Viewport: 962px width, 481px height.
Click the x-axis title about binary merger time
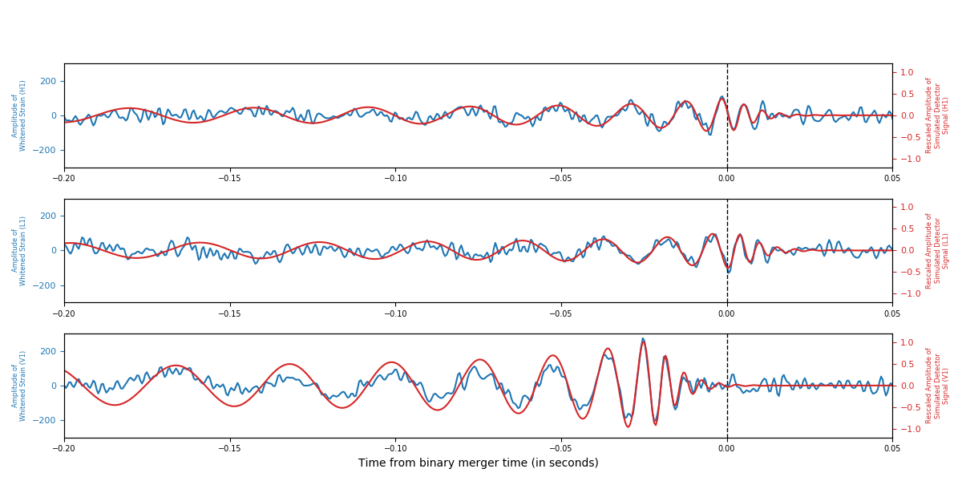tap(478, 463)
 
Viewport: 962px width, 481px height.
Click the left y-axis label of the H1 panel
tap(18, 115)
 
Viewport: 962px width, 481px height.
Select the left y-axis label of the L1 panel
tap(18, 250)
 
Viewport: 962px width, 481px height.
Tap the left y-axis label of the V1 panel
tap(18, 386)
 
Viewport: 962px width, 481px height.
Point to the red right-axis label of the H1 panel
tap(937, 115)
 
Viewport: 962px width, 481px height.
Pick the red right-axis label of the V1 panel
tap(937, 386)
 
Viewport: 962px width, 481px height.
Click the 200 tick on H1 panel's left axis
tap(48, 81)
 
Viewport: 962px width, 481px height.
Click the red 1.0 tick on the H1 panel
tap(907, 72)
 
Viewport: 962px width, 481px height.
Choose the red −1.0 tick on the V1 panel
tap(908, 429)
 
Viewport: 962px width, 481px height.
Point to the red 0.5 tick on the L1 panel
tap(907, 228)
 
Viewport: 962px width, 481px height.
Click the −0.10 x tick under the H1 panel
tap(394, 179)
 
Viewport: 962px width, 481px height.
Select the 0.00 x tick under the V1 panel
tap(727, 449)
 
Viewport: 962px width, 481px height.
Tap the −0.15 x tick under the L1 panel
tap(229, 313)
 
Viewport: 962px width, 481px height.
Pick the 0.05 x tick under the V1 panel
tap(891, 449)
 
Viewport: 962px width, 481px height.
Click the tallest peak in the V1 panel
tap(643, 339)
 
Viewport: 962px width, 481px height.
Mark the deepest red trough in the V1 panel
tap(629, 426)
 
